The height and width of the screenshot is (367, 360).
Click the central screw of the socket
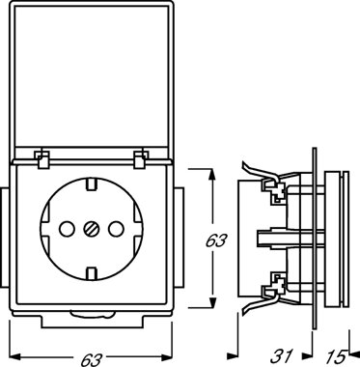[91, 229]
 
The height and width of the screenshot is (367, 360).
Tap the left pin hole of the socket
[67, 229]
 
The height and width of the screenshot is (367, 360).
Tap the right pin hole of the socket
[116, 229]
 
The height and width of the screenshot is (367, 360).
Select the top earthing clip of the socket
[91, 184]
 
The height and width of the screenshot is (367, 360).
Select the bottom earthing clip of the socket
[91, 273]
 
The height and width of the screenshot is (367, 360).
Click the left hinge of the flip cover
[42, 158]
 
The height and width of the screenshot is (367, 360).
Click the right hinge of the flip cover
[139, 158]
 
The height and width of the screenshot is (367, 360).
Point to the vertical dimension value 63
[216, 240]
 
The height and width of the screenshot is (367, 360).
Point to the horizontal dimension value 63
[91, 359]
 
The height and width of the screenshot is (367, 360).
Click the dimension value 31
[282, 356]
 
